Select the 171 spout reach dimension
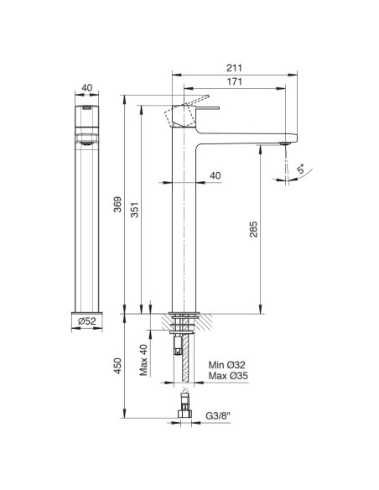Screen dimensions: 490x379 pos(234,83)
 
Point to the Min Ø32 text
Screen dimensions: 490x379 pos(226,366)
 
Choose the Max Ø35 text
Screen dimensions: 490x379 pos(226,378)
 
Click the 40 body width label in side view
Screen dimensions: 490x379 pos(215,176)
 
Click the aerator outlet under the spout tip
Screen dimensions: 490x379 pos(286,144)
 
